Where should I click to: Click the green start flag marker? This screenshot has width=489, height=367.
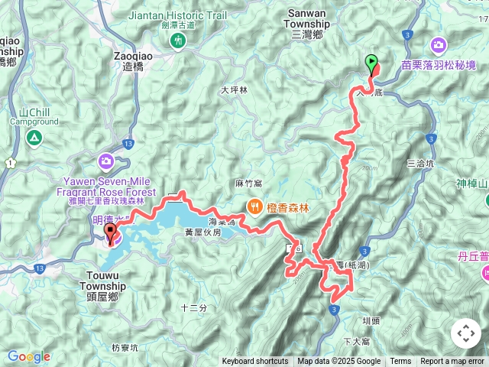click(371, 63)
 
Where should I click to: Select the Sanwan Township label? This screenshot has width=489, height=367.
click(306, 24)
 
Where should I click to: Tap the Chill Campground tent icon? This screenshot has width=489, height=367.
click(34, 138)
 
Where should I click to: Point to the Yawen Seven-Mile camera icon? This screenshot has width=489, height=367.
click(105, 161)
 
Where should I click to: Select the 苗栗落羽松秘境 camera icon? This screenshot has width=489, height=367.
click(439, 45)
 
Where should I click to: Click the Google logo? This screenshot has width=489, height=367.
click(28, 356)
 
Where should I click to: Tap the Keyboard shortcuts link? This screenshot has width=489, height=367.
click(255, 362)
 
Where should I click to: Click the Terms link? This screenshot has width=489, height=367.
click(400, 362)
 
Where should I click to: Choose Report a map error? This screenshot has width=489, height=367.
click(452, 362)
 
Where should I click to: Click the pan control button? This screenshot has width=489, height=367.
click(466, 333)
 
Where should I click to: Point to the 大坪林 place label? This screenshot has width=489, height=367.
click(234, 89)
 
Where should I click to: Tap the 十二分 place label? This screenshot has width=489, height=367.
click(193, 307)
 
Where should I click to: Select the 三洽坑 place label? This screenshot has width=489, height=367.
click(420, 163)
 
